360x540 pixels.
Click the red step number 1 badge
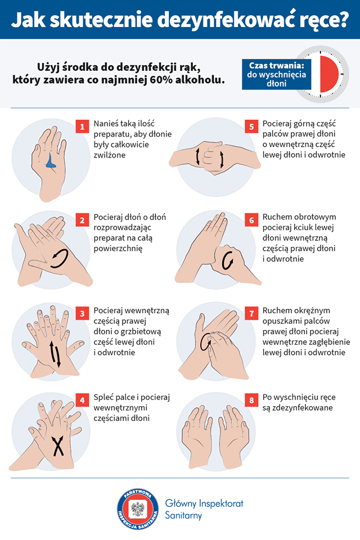point(82,127)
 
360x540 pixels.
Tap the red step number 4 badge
point(82,400)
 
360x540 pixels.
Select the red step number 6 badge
point(251,220)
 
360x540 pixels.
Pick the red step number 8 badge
point(251,400)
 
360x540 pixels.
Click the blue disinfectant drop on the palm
point(51,163)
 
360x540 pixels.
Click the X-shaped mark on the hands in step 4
point(58,446)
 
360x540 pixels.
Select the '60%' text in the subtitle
point(162,79)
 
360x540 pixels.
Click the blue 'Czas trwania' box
point(277,74)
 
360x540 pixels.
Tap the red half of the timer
point(330,74)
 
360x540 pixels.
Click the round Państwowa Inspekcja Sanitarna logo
point(138,508)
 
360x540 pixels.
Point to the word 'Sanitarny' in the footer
point(183,516)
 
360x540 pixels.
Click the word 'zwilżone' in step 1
point(110,155)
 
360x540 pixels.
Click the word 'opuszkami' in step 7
point(281,321)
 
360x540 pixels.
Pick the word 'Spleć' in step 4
point(103,398)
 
